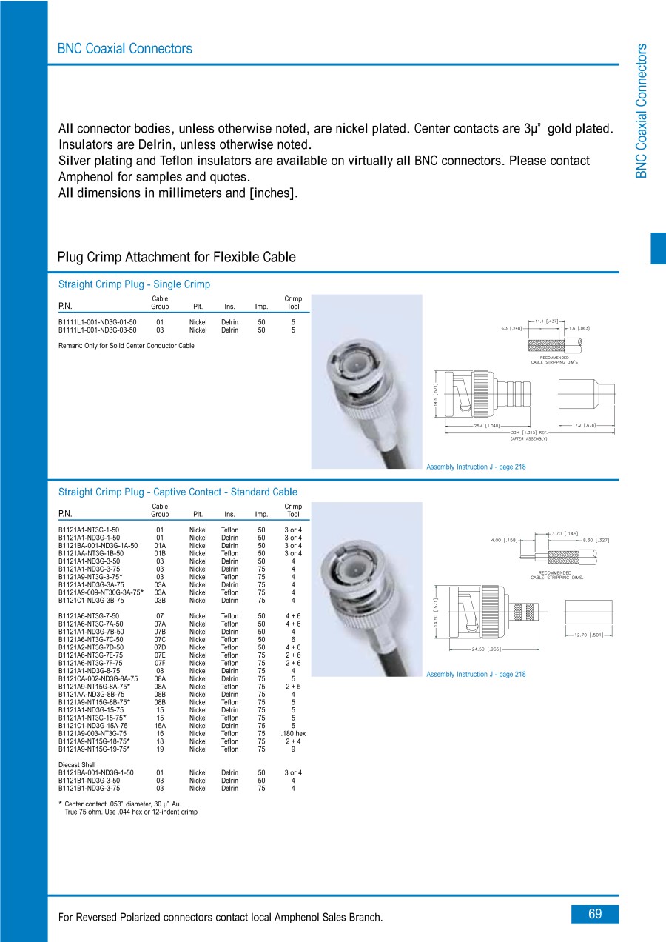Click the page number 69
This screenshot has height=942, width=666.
click(595, 914)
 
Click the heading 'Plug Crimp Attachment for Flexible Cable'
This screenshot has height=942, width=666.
click(176, 258)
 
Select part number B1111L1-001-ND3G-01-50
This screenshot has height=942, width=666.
click(98, 322)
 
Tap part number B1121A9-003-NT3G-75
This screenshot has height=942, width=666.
click(92, 733)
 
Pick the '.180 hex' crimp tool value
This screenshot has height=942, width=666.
click(293, 733)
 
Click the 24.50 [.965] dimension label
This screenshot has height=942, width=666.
click(486, 649)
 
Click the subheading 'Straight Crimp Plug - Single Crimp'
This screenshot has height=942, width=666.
click(134, 284)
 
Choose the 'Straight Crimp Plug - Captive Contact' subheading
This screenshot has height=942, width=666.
click(178, 492)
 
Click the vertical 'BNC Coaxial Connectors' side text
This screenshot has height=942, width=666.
click(641, 111)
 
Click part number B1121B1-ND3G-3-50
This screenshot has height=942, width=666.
click(90, 781)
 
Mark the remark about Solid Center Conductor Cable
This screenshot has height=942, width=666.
click(126, 345)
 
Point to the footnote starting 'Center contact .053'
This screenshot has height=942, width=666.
click(123, 804)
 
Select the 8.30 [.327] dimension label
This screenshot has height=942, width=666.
click(595, 541)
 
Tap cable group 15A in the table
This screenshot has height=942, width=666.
click(160, 726)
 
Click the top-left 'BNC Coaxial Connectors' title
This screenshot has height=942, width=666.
click(124, 49)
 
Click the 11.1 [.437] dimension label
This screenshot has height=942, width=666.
click(547, 321)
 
